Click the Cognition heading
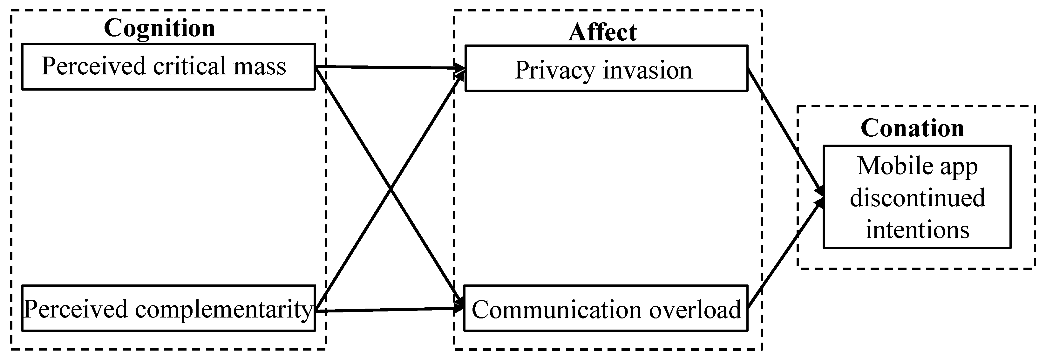[159, 28]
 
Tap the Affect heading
[602, 32]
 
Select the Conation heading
[912, 128]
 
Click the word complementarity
[224, 310]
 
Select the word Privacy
[555, 70]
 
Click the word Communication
[556, 310]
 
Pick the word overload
[695, 310]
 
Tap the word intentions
[917, 229]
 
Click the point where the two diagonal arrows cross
[390, 188]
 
